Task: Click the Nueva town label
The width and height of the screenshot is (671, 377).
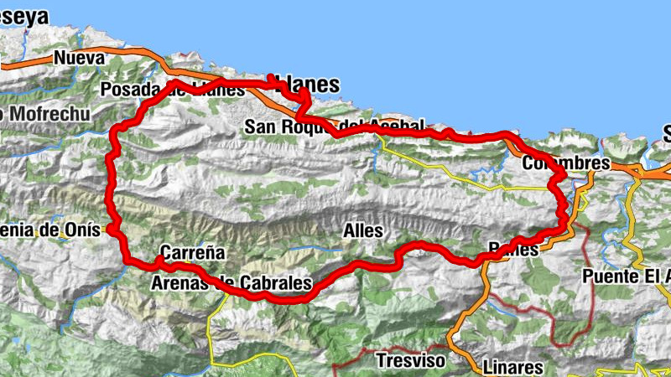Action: [79, 58]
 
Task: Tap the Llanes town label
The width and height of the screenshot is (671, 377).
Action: [308, 85]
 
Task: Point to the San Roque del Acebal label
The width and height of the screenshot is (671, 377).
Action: [335, 127]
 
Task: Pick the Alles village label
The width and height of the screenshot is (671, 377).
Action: [363, 230]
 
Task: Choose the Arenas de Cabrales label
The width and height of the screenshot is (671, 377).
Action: [231, 283]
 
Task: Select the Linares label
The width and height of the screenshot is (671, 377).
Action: [512, 367]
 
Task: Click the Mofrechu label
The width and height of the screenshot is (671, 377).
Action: [39, 112]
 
